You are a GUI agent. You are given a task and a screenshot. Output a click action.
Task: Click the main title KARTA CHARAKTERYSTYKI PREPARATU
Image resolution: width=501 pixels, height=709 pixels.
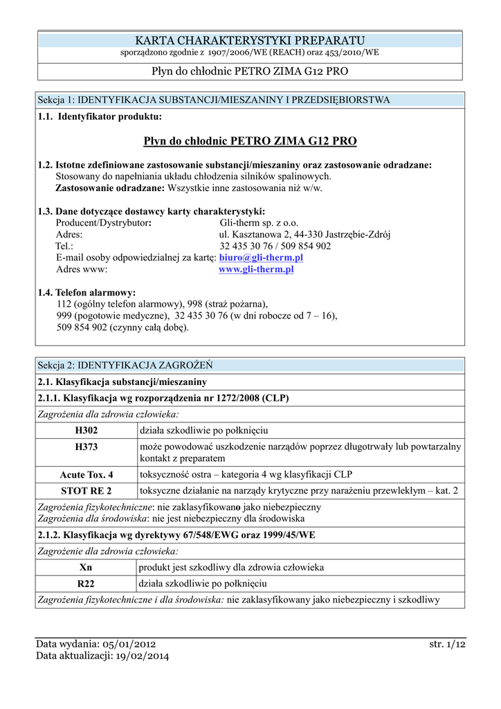click(250, 41)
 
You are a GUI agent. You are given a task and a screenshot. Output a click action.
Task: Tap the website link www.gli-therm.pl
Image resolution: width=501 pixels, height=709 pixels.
click(256, 269)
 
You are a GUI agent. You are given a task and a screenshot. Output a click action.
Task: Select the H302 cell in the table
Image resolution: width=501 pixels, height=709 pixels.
click(86, 430)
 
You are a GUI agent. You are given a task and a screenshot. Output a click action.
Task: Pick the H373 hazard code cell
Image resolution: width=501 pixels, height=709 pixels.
click(86, 447)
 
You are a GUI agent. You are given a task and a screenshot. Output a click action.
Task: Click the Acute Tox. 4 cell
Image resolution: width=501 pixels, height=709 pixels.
click(86, 474)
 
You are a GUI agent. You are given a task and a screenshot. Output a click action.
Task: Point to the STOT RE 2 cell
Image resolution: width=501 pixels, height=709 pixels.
click(86, 491)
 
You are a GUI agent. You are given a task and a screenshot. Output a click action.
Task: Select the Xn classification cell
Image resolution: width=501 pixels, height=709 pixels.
click(86, 568)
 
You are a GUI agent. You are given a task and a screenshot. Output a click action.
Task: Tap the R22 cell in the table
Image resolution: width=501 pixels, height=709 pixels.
click(86, 584)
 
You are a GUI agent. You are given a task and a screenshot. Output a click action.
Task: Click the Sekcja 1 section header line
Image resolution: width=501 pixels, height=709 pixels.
click(214, 100)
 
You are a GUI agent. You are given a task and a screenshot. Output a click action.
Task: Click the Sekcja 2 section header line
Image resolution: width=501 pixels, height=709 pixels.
click(125, 365)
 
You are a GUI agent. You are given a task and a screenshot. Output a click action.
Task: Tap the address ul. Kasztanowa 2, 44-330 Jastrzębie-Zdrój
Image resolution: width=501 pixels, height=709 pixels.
click(305, 235)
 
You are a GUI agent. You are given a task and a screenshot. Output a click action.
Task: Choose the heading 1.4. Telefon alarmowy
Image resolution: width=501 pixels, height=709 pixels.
click(87, 293)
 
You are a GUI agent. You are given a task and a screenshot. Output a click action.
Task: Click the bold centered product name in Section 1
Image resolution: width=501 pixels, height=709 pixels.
click(250, 141)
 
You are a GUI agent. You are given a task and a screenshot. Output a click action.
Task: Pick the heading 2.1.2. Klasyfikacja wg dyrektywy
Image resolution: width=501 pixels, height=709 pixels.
click(176, 535)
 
